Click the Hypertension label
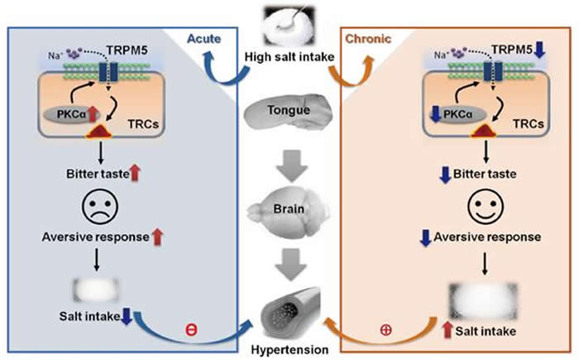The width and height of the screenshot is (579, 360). [289, 350]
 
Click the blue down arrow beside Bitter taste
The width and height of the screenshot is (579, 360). [421, 175]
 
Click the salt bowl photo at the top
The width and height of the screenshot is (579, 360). [289, 22]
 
